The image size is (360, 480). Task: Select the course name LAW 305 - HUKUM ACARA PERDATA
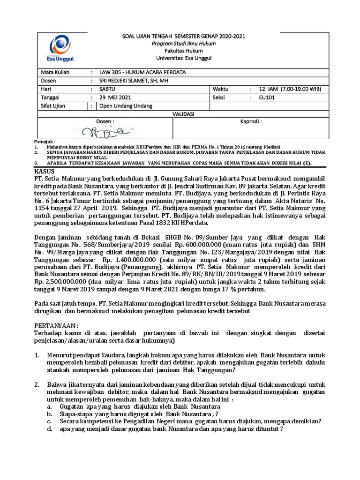142,72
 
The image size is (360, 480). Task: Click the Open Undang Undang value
126,106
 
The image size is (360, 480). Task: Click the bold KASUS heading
45,172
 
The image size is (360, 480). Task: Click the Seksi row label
219,97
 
